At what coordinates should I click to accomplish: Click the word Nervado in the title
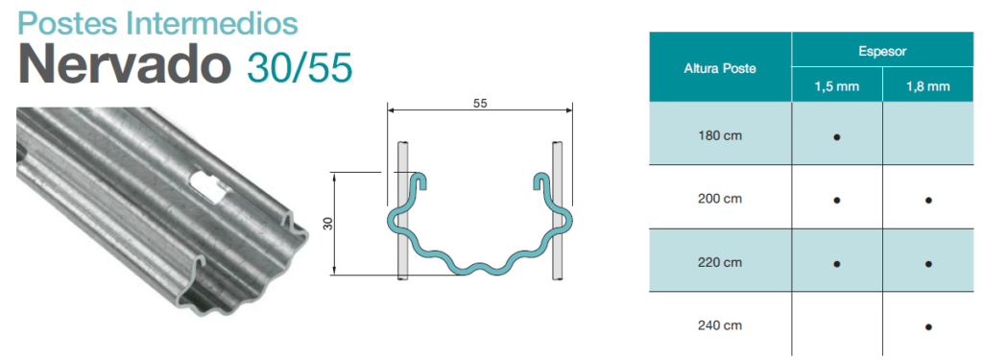tap(124, 65)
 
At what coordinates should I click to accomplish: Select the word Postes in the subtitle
tap(68, 23)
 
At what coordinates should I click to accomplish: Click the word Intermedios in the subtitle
tap(212, 23)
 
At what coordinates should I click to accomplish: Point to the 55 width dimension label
tap(480, 104)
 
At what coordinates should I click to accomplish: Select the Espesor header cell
tap(883, 52)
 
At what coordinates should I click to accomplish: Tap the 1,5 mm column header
tap(837, 86)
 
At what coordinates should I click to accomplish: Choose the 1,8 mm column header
tap(928, 86)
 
